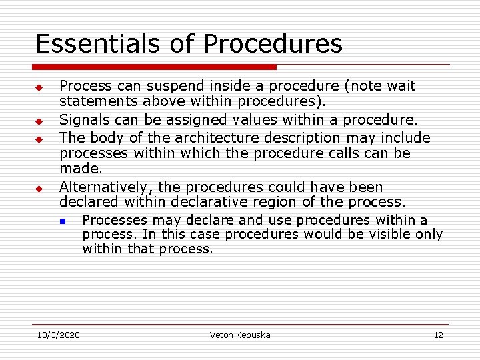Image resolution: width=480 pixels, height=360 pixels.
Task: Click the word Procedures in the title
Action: coord(273,44)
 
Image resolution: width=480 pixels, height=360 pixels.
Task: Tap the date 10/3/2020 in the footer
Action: coord(58,335)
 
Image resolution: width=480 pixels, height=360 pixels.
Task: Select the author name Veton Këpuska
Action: coord(240,335)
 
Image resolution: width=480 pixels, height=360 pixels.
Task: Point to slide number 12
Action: coord(438,335)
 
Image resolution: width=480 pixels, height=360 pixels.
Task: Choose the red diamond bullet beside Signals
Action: coord(39,122)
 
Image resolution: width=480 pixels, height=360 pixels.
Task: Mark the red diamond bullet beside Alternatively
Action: coord(39,189)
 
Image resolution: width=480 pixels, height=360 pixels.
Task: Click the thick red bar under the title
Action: coord(154,67)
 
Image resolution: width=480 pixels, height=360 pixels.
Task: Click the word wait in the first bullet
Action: coord(401,87)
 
